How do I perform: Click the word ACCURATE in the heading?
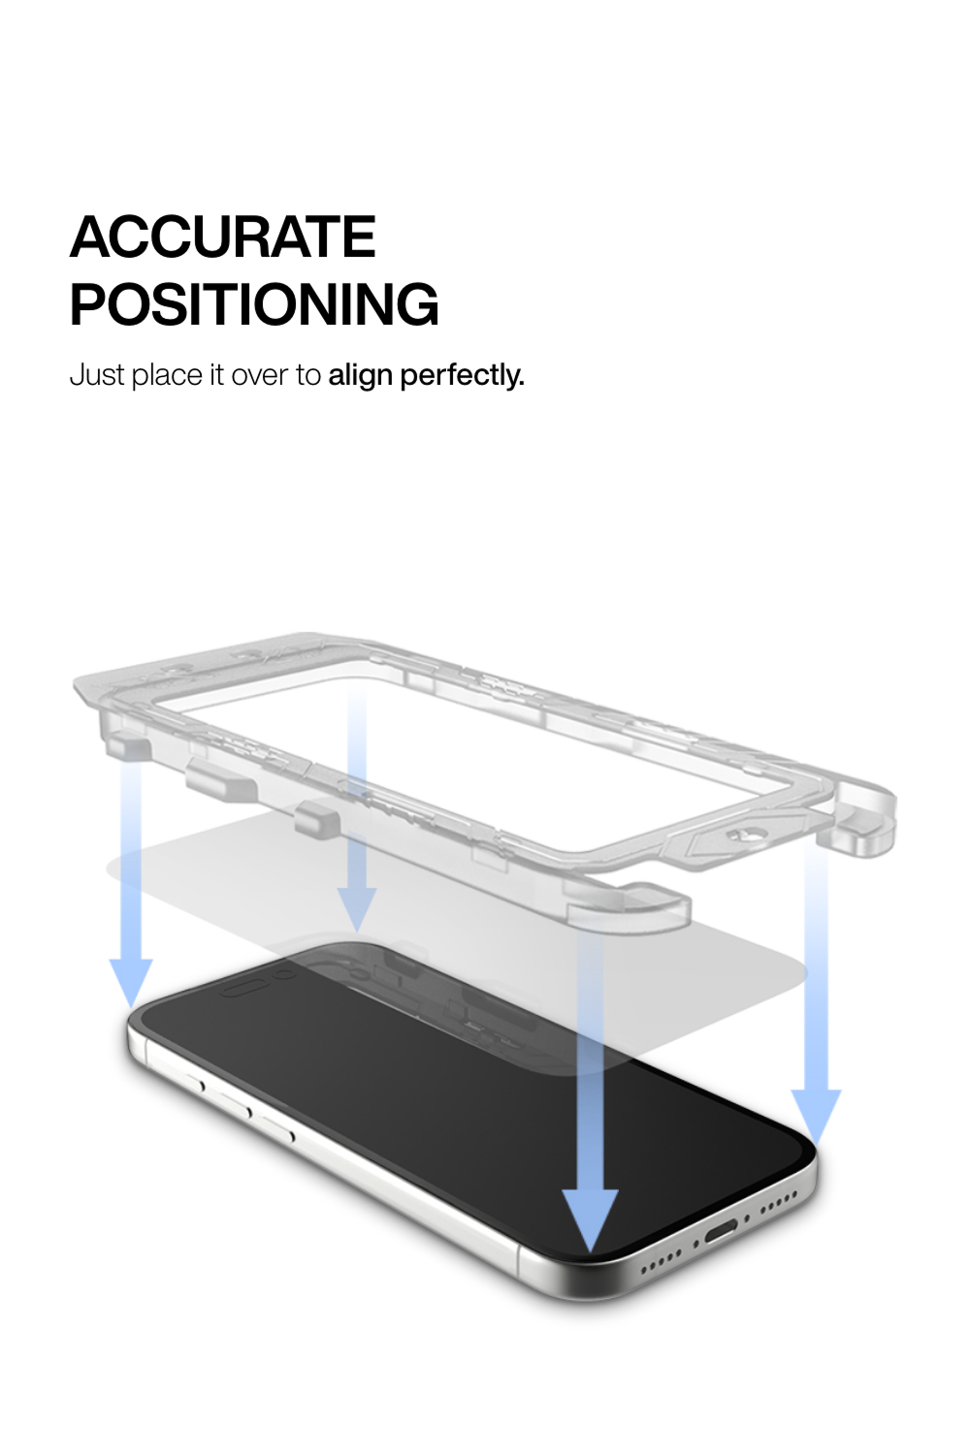(x=223, y=237)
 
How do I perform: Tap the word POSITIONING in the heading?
(x=254, y=304)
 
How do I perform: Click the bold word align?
(x=360, y=375)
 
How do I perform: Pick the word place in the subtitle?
(x=167, y=375)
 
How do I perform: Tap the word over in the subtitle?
(x=259, y=375)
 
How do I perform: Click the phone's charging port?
(x=722, y=1233)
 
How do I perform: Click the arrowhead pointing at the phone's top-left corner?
(x=131, y=979)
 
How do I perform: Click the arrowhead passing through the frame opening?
(x=357, y=906)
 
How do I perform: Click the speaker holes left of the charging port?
(x=663, y=1259)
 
